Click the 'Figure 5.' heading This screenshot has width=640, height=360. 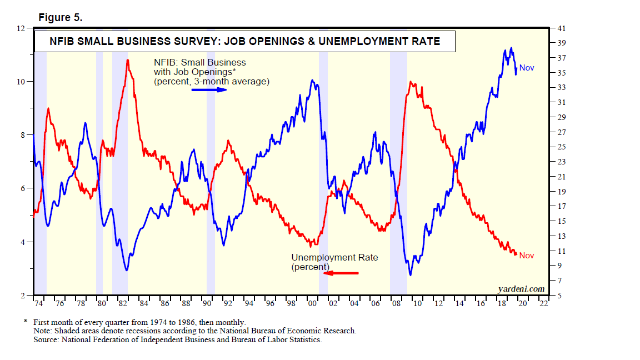(60, 18)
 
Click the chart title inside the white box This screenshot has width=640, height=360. (245, 41)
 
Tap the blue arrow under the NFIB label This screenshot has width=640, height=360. (209, 89)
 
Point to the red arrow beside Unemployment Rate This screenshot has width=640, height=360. (341, 273)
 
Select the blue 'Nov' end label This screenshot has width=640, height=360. (527, 68)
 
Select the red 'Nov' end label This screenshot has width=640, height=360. (527, 256)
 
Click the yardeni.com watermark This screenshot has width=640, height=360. (521, 288)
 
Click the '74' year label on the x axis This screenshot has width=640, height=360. (38, 304)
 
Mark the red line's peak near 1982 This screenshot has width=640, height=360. (128, 60)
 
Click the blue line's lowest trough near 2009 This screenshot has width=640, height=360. (411, 274)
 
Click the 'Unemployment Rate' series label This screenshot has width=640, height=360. (334, 258)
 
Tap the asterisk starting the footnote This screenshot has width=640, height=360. (26, 322)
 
